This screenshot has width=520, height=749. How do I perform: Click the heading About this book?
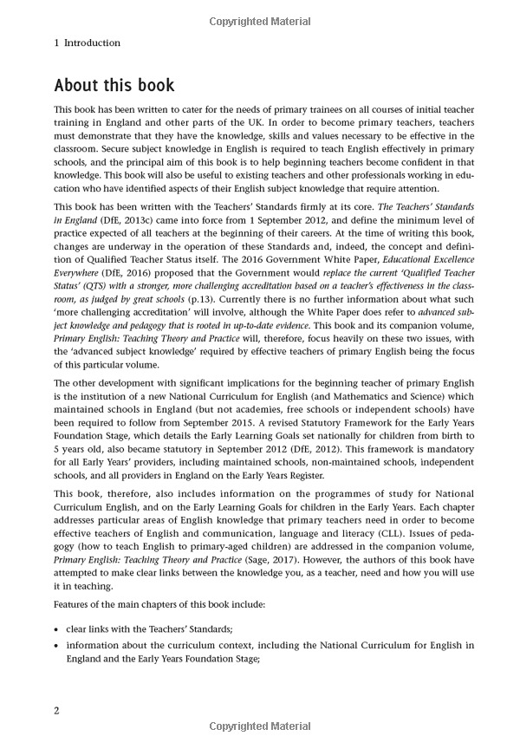coord(114,86)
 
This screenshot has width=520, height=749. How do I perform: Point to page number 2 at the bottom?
coord(57,711)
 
